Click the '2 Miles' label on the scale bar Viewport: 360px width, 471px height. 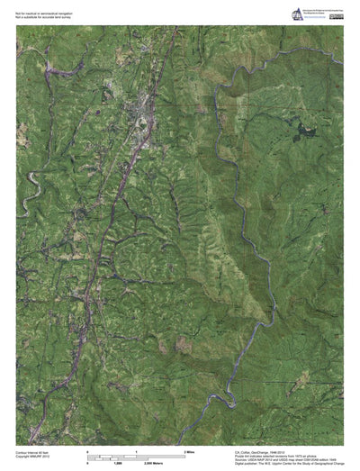(190, 448)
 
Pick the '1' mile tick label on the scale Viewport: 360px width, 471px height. (136, 448)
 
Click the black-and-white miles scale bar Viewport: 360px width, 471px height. (135, 454)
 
